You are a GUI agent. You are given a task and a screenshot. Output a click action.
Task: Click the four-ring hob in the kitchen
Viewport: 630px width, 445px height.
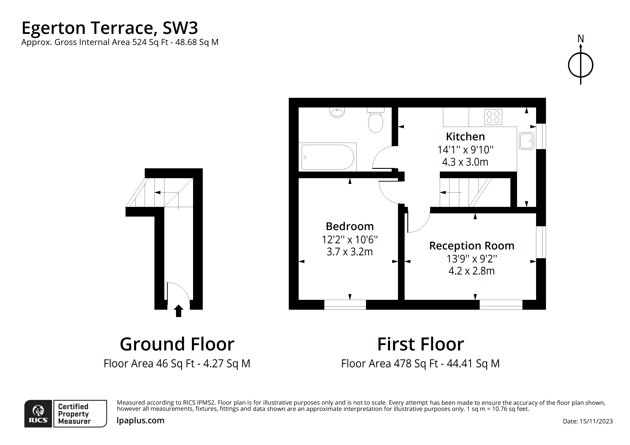(x=493, y=117)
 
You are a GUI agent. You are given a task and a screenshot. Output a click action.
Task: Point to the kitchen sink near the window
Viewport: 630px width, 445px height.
(x=526, y=141)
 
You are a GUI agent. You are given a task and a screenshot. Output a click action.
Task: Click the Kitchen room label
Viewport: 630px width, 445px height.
(x=465, y=137)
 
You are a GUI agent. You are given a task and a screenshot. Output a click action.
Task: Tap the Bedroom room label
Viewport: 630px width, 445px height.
(x=350, y=226)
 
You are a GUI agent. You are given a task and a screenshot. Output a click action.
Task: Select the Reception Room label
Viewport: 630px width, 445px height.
(x=471, y=246)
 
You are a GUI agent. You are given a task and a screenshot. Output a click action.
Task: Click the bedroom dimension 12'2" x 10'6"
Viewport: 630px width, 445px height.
(x=350, y=240)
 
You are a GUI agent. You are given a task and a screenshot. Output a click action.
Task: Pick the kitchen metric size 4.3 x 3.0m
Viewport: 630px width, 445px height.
(x=465, y=162)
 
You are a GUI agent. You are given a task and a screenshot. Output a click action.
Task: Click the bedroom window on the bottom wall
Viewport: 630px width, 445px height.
(x=345, y=305)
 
